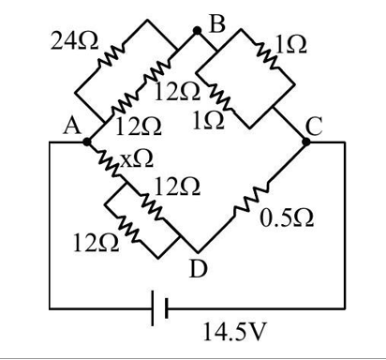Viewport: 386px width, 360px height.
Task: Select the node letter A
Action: click(69, 129)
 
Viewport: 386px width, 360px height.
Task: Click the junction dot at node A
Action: click(87, 142)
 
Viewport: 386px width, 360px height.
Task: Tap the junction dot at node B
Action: click(198, 32)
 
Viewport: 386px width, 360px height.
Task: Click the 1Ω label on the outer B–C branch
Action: click(284, 43)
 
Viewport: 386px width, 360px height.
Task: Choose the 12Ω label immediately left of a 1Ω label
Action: click(139, 124)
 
